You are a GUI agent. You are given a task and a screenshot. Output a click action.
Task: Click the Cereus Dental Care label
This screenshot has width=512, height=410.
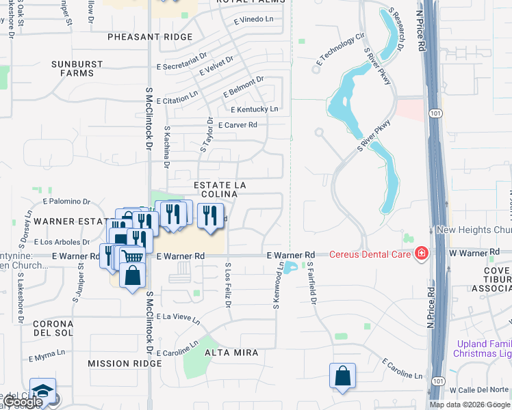coord(370,254)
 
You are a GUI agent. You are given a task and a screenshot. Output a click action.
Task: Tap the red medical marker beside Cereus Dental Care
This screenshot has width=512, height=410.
coord(421,254)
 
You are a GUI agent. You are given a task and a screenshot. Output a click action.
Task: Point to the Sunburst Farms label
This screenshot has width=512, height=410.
coord(77,68)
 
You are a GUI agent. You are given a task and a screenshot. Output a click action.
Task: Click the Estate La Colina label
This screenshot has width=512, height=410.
coord(220,189)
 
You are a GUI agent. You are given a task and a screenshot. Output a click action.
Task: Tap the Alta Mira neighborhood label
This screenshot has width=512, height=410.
coord(231,353)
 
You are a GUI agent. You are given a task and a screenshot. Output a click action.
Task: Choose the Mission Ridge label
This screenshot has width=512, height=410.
coord(115,364)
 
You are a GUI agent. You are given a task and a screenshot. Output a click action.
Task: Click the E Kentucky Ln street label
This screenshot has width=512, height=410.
coord(255,109)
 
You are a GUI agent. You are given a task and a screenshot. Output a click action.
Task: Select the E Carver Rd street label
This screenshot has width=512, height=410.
coord(237,125)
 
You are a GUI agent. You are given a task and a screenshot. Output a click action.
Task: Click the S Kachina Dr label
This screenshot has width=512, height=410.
coord(166,146)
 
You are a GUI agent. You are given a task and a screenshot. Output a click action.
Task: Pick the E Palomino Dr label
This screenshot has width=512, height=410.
coord(66,202)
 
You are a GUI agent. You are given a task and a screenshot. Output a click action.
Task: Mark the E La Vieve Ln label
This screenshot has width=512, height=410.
coord(178,319)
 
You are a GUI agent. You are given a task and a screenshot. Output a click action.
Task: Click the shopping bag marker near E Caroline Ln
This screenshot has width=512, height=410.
coord(342,376)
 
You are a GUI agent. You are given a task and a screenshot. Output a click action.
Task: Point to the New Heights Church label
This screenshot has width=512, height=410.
coord(474,230)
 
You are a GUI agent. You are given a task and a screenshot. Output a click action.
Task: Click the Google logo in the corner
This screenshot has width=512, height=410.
coord(24,402)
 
